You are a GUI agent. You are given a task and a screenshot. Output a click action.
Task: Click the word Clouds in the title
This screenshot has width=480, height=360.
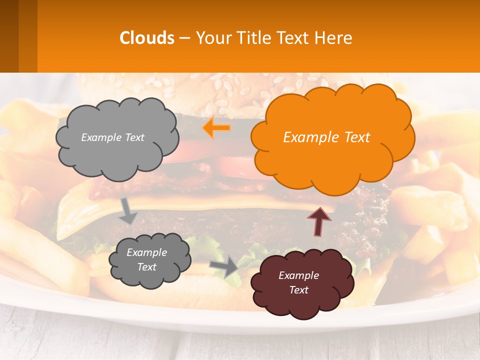click(x=147, y=38)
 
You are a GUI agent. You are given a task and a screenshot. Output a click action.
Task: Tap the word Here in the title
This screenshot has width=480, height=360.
click(x=334, y=38)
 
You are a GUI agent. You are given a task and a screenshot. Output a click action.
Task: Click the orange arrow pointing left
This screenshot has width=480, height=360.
click(x=216, y=128)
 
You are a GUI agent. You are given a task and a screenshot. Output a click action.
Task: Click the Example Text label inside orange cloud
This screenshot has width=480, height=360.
click(x=326, y=137)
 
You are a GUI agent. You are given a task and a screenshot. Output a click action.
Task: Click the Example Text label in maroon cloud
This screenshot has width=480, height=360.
click(x=298, y=282)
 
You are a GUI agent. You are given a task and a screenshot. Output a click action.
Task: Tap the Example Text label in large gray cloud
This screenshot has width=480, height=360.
click(x=112, y=137)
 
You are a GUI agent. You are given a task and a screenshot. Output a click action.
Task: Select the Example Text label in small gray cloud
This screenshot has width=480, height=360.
click(x=146, y=259)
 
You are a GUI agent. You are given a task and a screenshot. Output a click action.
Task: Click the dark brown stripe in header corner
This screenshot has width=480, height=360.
click(x=9, y=36)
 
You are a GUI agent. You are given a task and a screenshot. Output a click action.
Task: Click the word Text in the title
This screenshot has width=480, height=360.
click(x=295, y=38)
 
